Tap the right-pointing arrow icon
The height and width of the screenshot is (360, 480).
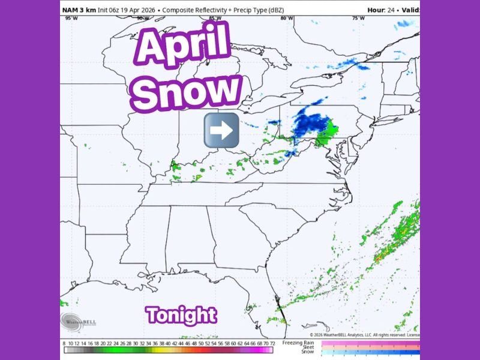tap(221, 130)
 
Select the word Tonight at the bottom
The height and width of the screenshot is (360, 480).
tap(181, 314)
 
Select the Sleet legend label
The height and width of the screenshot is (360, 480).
tap(308, 347)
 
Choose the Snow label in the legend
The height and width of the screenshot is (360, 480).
tap(307, 352)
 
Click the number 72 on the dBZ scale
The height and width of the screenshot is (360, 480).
tap(272, 343)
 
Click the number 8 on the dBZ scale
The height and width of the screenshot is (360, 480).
tap(64, 343)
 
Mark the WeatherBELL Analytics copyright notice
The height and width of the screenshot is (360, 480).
tap(360, 335)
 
